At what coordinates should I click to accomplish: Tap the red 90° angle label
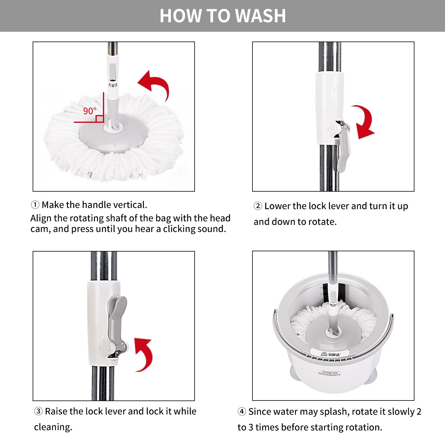tap(90, 111)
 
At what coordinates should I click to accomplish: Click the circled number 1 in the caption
tap(35, 205)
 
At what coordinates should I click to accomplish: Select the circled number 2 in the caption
tap(258, 206)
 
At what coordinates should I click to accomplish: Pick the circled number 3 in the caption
tap(38, 411)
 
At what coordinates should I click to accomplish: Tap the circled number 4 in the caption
tap(242, 411)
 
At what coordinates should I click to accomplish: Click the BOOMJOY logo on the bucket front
tap(330, 374)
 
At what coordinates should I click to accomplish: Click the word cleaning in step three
tap(53, 427)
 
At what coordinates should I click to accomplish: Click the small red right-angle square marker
tap(100, 119)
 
